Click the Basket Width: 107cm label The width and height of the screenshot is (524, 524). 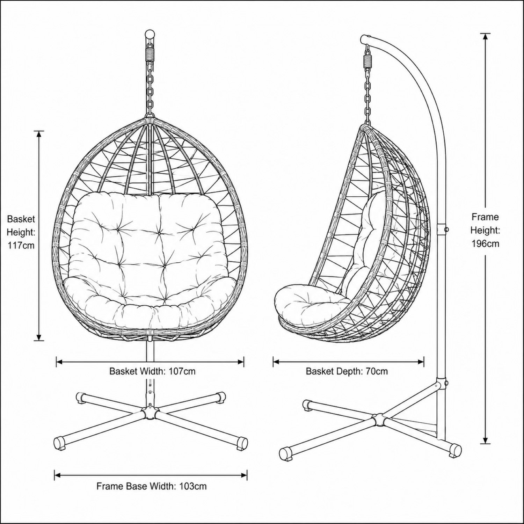tap(152, 371)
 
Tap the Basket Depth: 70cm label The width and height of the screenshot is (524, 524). tap(347, 371)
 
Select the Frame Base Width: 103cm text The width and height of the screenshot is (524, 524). tap(152, 486)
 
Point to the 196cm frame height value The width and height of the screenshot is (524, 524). tap(485, 243)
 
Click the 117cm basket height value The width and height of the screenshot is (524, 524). tap(21, 245)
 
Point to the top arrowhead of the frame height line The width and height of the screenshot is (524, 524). tap(485, 38)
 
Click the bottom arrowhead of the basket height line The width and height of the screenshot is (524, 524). tap(39, 336)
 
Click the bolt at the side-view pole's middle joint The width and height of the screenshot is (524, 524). tap(446, 230)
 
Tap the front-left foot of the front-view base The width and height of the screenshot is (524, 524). tap(59, 442)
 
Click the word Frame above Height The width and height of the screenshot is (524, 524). tap(485, 217)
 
